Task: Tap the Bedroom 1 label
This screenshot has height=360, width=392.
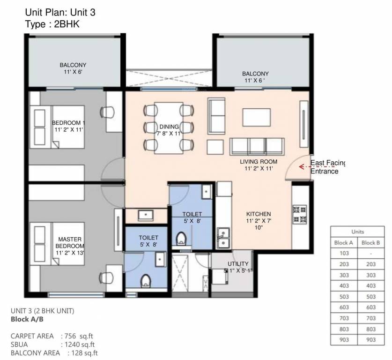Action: click(68, 126)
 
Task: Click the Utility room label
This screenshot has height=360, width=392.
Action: click(238, 267)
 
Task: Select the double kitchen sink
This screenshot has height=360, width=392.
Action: click(223, 237)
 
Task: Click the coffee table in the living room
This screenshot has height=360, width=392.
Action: click(256, 117)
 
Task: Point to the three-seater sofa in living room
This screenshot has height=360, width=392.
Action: click(257, 146)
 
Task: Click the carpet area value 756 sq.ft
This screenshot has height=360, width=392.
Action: click(79, 336)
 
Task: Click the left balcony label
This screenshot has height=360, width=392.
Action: click(73, 68)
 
